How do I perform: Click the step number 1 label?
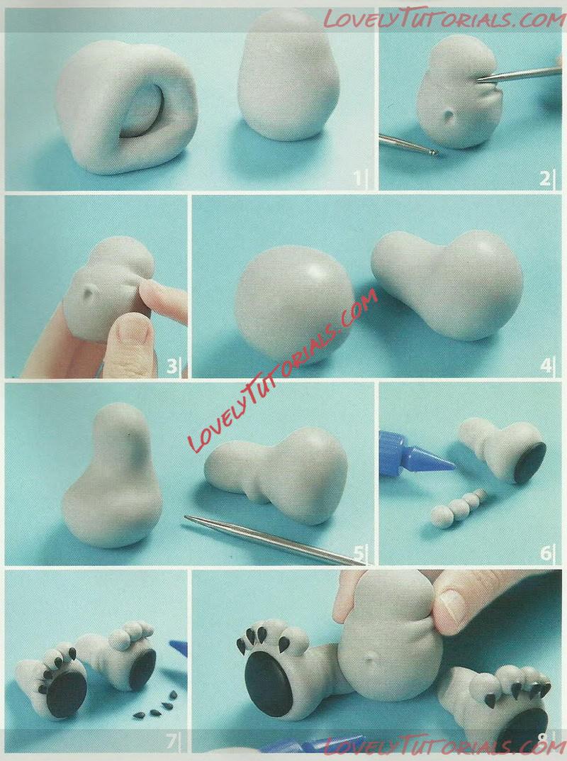coord(358,179)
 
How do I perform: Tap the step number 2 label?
coord(545,179)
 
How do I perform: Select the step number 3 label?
coord(172,365)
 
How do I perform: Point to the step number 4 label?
coord(546,365)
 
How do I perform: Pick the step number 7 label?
coord(171,740)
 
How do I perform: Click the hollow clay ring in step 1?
coord(127,107)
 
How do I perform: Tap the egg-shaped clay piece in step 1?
coord(288,75)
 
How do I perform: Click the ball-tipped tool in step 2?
coord(408,145)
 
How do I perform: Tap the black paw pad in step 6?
coord(529,462)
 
